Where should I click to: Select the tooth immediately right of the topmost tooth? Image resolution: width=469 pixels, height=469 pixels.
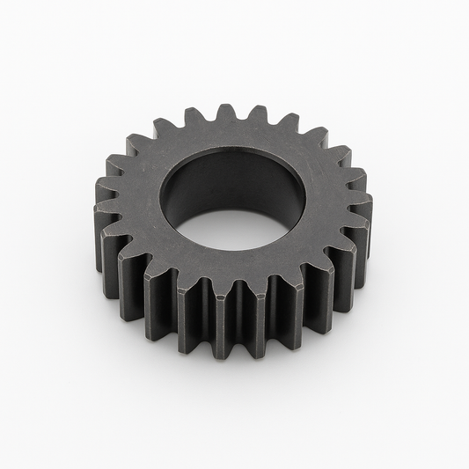point(258,114)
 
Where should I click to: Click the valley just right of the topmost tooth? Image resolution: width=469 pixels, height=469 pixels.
point(243,123)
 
